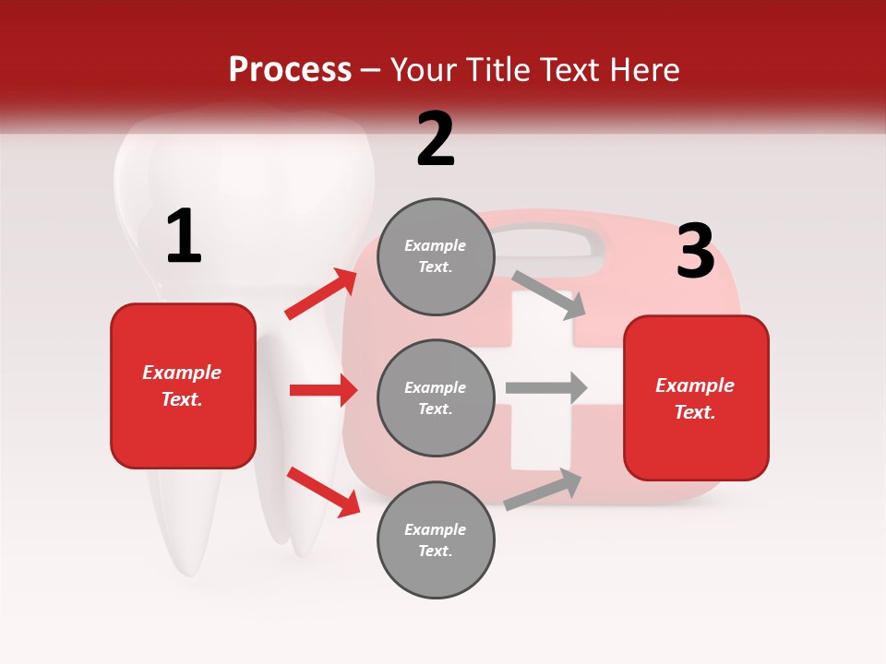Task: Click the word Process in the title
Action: coord(290,70)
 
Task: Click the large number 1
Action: coord(184,237)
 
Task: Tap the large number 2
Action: coord(436,139)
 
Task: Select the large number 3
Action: coord(695,252)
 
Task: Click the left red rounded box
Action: coord(183,385)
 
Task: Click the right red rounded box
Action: coord(696,398)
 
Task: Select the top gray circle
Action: coord(436,256)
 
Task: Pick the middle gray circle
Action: coord(436,397)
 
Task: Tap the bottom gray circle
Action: coord(436,539)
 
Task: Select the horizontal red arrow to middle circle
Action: coord(323,390)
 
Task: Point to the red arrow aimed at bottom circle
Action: coord(323,492)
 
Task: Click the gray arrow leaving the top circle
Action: coord(549,294)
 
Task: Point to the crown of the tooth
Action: coord(245,184)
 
